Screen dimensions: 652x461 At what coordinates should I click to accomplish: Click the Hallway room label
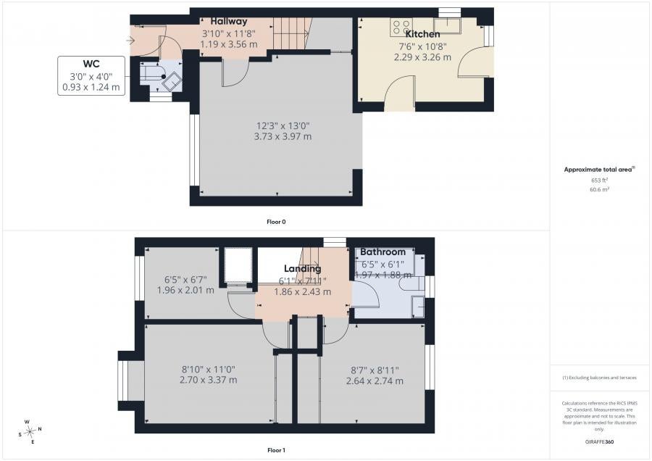tap(229, 21)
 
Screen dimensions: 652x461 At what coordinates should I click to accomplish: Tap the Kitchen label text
tap(422, 34)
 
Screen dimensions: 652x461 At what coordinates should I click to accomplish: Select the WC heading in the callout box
tap(91, 64)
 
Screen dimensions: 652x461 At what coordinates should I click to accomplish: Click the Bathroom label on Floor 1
tap(383, 252)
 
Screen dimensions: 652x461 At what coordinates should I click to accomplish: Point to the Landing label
tap(302, 268)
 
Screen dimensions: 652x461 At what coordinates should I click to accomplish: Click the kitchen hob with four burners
tap(401, 27)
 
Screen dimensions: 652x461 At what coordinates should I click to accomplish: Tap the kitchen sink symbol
tap(447, 26)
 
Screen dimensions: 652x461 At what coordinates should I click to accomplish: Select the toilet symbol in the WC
tap(151, 72)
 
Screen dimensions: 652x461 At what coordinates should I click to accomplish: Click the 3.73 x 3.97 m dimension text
tap(283, 136)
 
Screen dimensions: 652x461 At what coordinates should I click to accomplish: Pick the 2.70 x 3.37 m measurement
tap(209, 380)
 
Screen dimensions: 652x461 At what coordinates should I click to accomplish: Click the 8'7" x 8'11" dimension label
tap(375, 370)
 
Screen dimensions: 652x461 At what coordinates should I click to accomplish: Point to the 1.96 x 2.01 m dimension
tap(185, 290)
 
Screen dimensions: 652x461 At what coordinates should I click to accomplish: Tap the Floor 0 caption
tap(276, 222)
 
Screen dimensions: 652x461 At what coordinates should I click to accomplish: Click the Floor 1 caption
tap(276, 450)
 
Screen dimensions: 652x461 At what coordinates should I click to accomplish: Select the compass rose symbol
tap(30, 432)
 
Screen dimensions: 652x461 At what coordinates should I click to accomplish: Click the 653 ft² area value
tap(600, 180)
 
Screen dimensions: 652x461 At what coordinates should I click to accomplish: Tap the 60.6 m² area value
tap(600, 189)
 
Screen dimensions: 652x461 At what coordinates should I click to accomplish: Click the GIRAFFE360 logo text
tap(599, 442)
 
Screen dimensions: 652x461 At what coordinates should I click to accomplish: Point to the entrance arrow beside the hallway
tap(130, 41)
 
